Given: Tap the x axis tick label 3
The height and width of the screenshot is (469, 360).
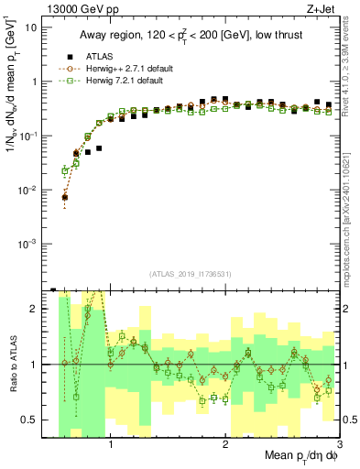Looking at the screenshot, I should tap(339, 445).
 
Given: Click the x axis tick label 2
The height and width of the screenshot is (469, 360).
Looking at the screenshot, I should tap(225, 445).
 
